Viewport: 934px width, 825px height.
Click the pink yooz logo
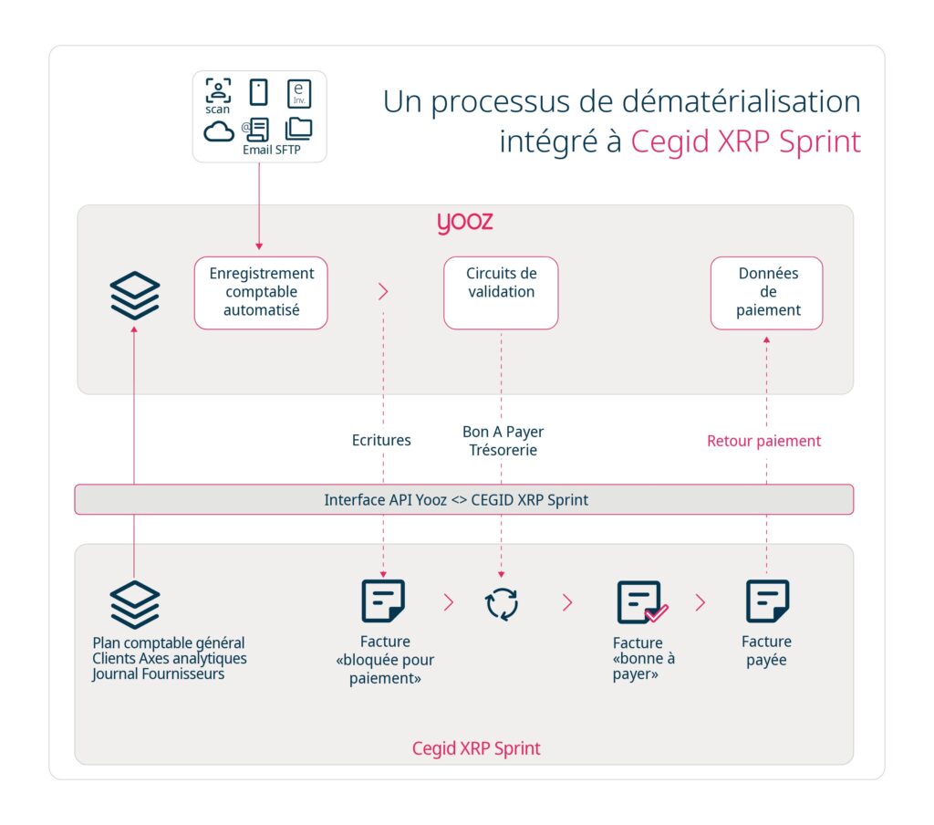pos(464,223)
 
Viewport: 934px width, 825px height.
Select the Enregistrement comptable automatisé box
pos(261,292)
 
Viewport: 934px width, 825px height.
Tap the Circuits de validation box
pos(501,292)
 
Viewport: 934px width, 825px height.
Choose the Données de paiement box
pos(767,292)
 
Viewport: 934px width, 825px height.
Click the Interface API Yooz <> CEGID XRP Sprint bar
pos(463,500)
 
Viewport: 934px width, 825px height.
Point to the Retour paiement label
pos(763,441)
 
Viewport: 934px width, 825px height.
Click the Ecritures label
pos(381,440)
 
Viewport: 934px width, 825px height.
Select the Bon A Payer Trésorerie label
pos(503,440)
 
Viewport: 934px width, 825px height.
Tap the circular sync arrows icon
pos(503,603)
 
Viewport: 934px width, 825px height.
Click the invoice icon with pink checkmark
pos(641,602)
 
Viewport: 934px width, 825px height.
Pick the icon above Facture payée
pos(767,601)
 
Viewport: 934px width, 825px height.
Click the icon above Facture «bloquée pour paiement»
pos(383,601)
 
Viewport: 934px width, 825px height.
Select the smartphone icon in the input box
pos(259,92)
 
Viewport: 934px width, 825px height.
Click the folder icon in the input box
pos(298,129)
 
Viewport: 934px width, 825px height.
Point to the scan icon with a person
pos(218,91)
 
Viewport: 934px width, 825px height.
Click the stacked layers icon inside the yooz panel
pos(135,296)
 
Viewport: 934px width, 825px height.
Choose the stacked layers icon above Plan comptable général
pos(135,604)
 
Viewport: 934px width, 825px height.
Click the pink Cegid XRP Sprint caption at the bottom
pos(476,748)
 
